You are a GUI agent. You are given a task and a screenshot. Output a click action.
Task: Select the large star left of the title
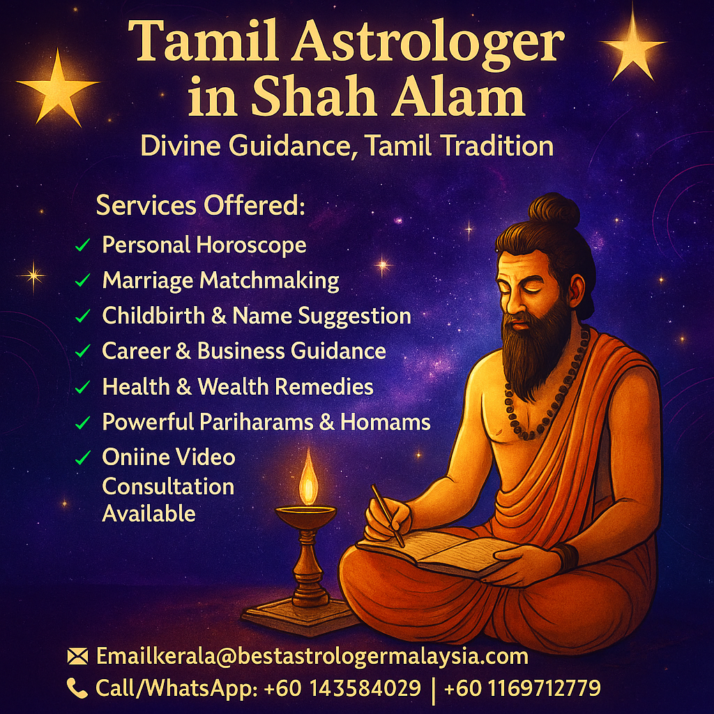click(x=58, y=86)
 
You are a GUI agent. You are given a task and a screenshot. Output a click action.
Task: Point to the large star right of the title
click(x=632, y=44)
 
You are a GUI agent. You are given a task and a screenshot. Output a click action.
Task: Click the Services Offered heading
click(x=200, y=206)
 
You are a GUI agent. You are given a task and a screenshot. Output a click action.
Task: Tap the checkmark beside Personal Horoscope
click(x=83, y=245)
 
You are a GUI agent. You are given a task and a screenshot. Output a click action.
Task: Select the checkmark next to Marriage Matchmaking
click(x=83, y=280)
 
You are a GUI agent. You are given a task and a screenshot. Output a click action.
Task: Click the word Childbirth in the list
click(x=153, y=315)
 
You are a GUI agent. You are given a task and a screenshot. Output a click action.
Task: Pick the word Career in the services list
click(x=136, y=351)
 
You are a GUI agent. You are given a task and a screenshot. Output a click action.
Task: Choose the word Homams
click(x=385, y=422)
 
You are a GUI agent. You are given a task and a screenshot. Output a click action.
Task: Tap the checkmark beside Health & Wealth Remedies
click(x=83, y=387)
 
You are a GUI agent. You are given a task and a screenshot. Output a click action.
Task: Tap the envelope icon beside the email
click(x=77, y=657)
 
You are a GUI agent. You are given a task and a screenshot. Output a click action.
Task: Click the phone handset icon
click(x=77, y=688)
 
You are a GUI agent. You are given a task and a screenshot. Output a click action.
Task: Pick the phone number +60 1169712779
click(x=522, y=688)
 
